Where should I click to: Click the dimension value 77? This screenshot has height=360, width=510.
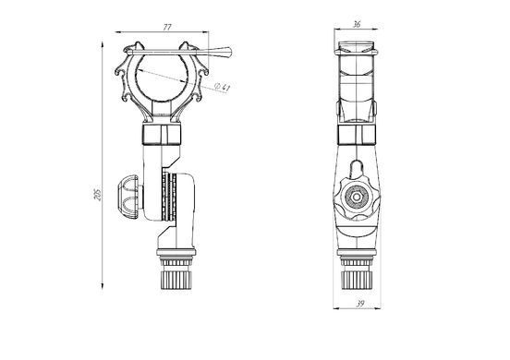(167, 28)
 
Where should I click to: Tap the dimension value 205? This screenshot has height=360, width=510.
(98, 194)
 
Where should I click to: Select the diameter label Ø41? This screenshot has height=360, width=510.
(223, 87)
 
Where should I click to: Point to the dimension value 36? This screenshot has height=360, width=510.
(357, 24)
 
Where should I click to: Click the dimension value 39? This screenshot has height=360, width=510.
(360, 304)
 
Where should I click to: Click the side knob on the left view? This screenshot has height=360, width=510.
(128, 197)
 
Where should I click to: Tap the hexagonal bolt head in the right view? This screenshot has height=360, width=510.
(357, 197)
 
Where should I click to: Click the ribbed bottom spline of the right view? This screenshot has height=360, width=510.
(357, 280)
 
